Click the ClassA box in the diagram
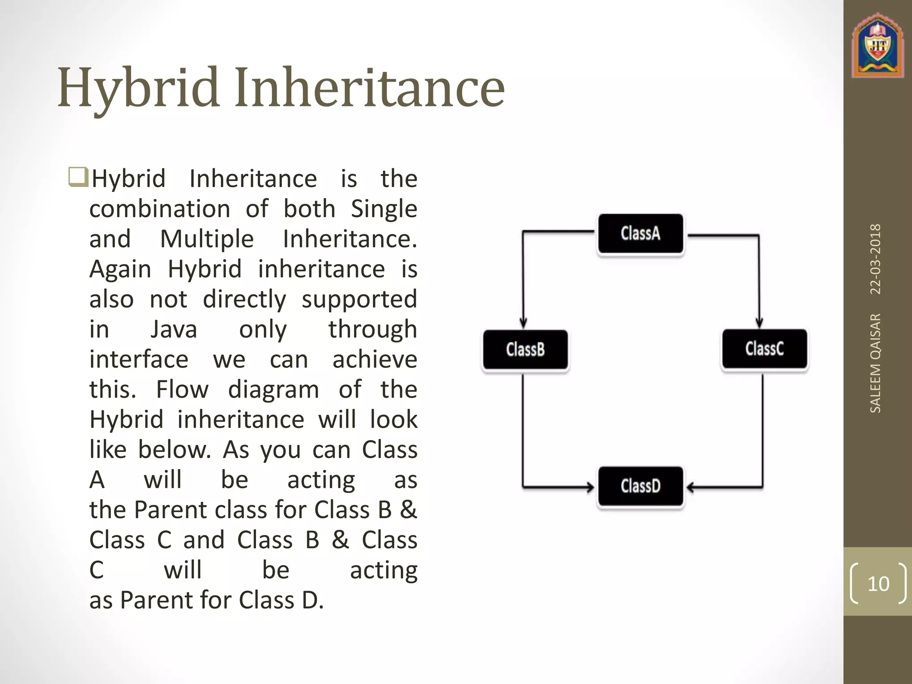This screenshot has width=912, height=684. (640, 233)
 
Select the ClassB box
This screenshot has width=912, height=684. (525, 350)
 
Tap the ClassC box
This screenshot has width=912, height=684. (764, 349)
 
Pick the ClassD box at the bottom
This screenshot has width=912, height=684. (640, 486)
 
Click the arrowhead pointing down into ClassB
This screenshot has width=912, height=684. (523, 322)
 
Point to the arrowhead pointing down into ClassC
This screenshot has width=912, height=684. (759, 322)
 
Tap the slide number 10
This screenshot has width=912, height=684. (878, 583)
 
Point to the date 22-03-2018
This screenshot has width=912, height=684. (875, 259)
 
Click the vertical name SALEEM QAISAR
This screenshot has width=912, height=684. (875, 363)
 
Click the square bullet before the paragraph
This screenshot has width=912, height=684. (78, 177)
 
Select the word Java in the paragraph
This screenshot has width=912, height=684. (174, 330)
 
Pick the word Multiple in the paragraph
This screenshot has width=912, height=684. (207, 239)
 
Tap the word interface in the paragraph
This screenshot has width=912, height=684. (139, 359)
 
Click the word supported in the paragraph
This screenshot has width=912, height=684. (359, 299)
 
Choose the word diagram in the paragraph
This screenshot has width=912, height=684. (273, 390)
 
